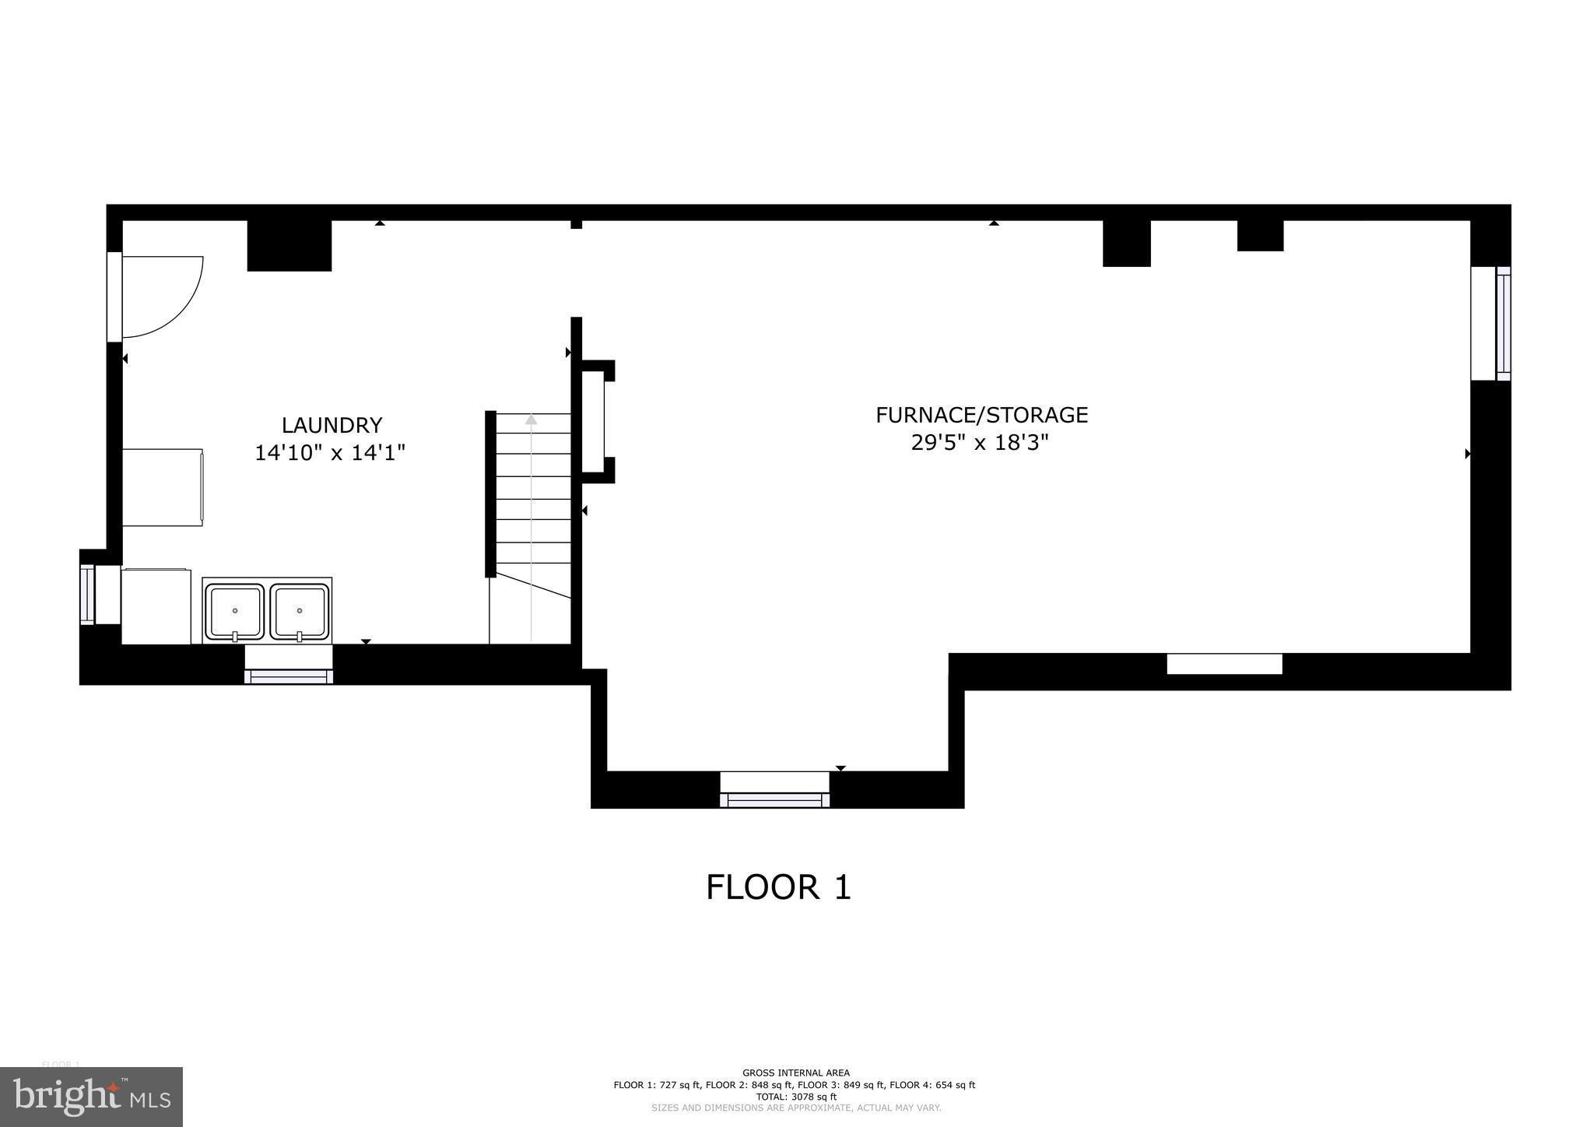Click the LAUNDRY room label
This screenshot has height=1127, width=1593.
coord(332,425)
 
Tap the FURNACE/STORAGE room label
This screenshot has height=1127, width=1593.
coord(981,415)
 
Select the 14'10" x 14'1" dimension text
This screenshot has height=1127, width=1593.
coord(330,452)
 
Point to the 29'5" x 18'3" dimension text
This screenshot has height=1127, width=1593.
coord(980,443)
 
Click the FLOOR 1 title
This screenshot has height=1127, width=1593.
coord(778,887)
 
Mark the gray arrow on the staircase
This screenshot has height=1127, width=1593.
coord(531,420)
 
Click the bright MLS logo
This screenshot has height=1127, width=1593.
coord(91,1097)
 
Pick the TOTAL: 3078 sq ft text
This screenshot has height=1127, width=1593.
coord(794,1097)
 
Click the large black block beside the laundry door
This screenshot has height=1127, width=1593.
coord(289,245)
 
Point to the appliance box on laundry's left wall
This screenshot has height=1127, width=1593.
coord(163,486)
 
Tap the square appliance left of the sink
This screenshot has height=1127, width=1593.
coord(156,607)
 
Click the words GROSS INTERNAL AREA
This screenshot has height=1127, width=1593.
coord(795,1073)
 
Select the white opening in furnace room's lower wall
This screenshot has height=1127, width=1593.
coord(1223,664)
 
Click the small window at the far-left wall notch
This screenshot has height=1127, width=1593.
coord(87,595)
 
